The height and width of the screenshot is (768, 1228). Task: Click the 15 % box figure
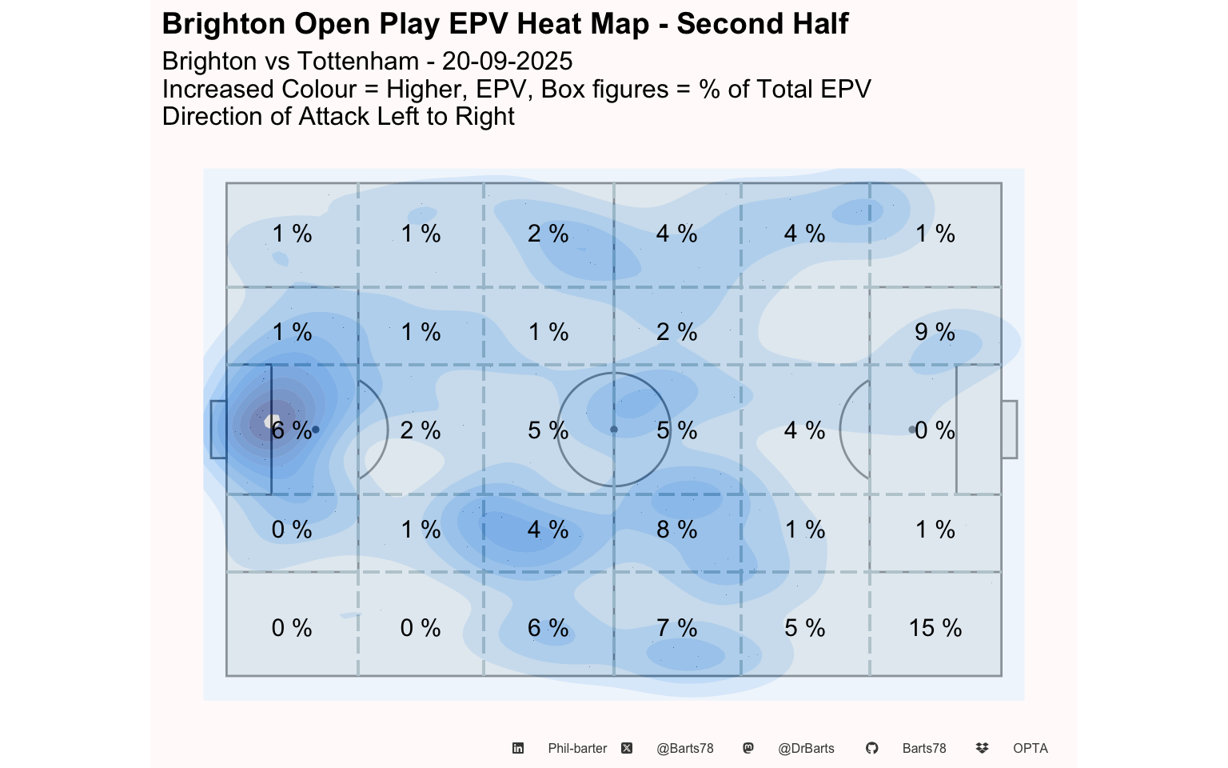click(x=935, y=628)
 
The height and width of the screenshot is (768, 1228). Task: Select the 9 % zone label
click(x=935, y=332)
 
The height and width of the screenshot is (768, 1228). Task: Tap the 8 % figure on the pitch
click(x=676, y=530)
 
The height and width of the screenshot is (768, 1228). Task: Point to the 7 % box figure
click(x=676, y=628)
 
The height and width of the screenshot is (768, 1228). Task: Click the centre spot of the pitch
click(x=614, y=430)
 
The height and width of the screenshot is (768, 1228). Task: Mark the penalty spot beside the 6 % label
click(x=316, y=430)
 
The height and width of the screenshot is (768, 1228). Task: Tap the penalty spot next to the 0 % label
click(x=912, y=430)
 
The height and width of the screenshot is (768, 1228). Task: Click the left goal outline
click(x=218, y=430)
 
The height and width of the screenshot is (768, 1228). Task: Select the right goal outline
click(x=1009, y=430)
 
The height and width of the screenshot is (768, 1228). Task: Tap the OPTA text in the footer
click(x=1030, y=749)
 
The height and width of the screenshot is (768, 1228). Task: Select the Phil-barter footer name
click(x=577, y=749)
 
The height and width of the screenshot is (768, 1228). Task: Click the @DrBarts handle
click(x=806, y=749)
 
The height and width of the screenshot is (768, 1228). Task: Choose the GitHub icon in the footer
click(x=871, y=748)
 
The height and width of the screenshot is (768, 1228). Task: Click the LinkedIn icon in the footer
click(x=518, y=748)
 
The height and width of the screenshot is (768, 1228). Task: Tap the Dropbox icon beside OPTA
click(x=982, y=748)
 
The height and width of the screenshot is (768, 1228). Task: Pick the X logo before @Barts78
click(x=627, y=748)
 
